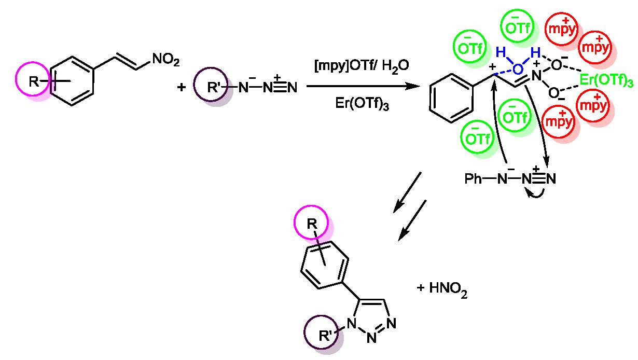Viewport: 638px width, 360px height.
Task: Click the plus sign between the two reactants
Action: click(x=181, y=87)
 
